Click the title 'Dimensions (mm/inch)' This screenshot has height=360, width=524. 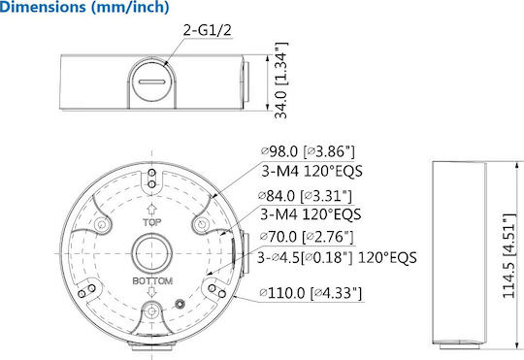84,7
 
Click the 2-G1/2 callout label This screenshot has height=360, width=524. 208,30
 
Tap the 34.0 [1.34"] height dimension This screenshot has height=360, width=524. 280,81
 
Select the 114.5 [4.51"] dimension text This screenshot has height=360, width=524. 509,256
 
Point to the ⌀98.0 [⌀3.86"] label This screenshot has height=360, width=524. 307,151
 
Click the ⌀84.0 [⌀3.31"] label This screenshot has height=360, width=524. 306,196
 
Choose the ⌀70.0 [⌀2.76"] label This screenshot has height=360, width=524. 307,237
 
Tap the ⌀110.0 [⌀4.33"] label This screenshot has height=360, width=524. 311,293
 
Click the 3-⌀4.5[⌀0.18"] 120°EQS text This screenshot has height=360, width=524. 337,258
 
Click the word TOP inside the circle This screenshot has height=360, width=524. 152,222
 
